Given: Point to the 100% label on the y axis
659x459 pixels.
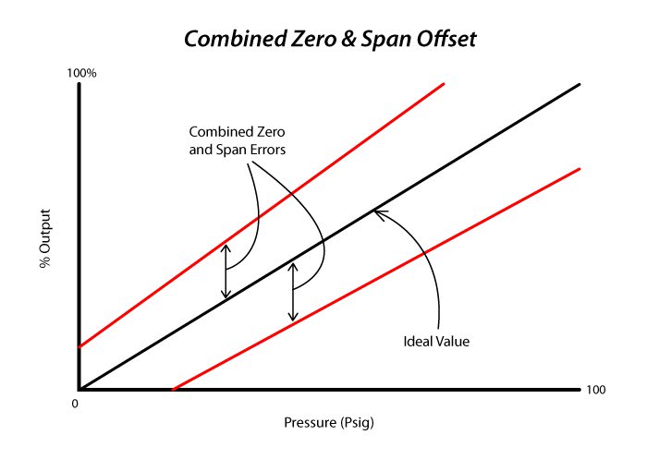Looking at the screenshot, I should click(x=84, y=73).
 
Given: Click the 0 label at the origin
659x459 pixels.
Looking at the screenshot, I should click(x=75, y=404).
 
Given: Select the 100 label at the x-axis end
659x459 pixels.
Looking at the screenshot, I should click(x=597, y=390).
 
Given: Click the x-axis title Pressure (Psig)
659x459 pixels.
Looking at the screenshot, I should click(x=329, y=424).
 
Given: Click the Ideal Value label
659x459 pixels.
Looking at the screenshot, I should click(x=437, y=342).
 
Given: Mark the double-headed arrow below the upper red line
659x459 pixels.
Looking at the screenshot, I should click(x=225, y=270).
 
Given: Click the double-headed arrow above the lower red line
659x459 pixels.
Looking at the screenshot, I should click(x=293, y=290).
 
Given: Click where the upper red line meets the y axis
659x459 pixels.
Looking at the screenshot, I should click(x=79, y=347).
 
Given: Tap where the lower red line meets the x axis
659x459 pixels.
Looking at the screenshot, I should click(x=173, y=389).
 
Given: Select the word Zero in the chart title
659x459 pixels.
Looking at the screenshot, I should click(x=304, y=40).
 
